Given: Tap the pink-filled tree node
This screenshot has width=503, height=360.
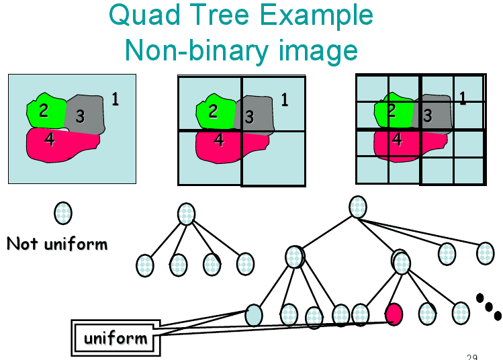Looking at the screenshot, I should tap(394, 313).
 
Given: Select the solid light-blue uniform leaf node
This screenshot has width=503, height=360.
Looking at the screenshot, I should tap(254, 314).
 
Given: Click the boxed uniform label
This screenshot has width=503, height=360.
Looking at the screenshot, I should tap(115, 337).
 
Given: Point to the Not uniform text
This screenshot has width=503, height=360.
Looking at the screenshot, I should tap(56, 243).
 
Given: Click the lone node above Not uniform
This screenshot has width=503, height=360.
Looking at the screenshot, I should tap(62, 213).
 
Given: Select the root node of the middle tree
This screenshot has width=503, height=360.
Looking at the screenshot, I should tap(187, 214).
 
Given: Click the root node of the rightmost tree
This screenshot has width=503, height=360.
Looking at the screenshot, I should tap(358, 206).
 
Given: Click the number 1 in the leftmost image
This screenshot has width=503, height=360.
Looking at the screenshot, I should tap(115, 99).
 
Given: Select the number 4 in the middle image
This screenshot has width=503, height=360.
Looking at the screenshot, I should tap(218, 140).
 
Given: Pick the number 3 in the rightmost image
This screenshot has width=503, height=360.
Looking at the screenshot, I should tap(427, 116).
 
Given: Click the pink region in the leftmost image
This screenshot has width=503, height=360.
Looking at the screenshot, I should tap(60, 144).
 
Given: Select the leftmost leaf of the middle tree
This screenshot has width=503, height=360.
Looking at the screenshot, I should tap(144, 265).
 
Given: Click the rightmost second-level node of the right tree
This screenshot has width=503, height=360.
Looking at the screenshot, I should tap(485, 253).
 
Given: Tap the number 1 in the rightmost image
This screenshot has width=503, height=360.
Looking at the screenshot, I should tap(462, 98).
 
